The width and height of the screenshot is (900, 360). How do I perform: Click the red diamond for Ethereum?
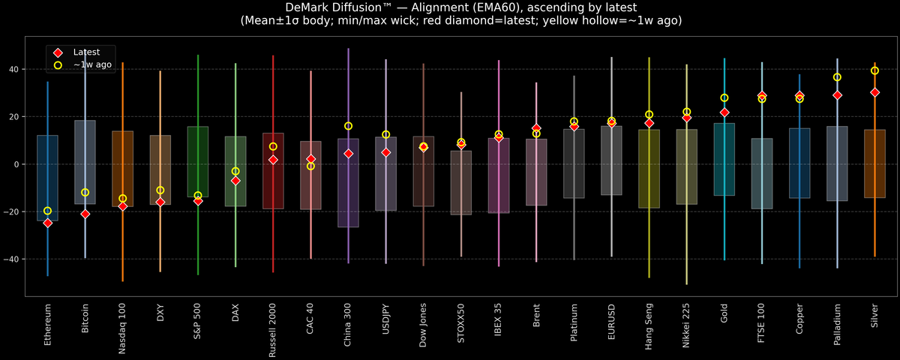click(48, 223)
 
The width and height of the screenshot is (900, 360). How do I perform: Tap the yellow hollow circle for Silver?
click(874, 70)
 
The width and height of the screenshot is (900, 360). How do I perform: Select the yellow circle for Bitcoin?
click(85, 193)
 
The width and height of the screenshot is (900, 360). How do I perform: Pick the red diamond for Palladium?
click(837, 95)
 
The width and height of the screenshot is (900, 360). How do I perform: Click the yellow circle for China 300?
click(348, 126)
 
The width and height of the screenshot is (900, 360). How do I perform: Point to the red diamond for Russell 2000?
click(273, 160)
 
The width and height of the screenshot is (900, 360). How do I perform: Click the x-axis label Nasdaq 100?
click(123, 327)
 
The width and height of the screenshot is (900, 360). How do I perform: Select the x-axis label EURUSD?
click(612, 322)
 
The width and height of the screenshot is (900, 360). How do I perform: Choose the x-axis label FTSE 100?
click(762, 323)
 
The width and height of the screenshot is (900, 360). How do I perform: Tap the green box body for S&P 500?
click(198, 161)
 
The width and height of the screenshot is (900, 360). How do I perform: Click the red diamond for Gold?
click(724, 112)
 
